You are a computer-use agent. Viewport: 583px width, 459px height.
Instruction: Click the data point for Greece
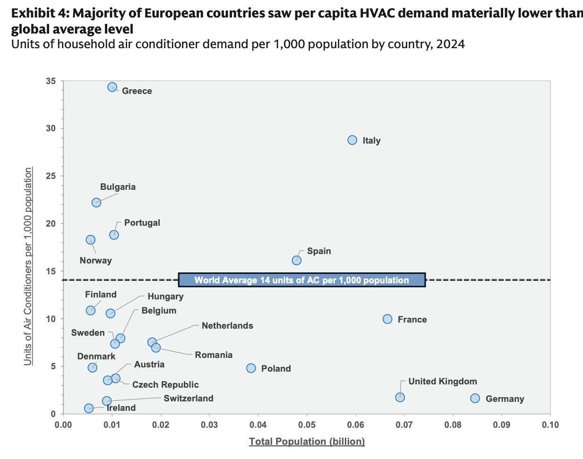(x=112, y=87)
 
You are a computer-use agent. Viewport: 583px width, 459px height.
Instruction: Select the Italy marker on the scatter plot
(x=352, y=140)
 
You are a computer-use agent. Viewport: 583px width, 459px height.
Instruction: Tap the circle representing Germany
(x=475, y=398)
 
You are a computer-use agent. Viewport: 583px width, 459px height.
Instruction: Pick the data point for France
(x=387, y=319)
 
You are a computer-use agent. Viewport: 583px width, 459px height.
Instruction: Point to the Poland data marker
(x=251, y=368)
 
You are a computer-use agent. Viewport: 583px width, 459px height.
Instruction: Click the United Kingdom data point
(x=400, y=397)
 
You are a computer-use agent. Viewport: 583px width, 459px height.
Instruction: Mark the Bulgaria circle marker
(x=96, y=202)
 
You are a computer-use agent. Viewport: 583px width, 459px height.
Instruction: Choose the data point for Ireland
(x=89, y=408)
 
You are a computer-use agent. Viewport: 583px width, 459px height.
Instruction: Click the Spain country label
(x=319, y=251)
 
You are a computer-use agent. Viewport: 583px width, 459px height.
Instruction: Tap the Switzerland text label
(x=189, y=398)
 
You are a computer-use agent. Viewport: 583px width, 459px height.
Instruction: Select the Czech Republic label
(x=165, y=384)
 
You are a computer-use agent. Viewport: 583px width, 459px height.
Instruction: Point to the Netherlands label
(x=227, y=325)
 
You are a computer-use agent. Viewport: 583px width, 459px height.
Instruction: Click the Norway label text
(x=95, y=261)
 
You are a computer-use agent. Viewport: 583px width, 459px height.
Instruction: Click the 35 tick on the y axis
(x=51, y=81)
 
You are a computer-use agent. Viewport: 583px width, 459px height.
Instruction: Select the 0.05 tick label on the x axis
(x=307, y=425)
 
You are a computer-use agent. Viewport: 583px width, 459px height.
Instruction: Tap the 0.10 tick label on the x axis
(x=550, y=425)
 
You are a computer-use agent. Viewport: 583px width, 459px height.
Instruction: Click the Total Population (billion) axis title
(x=307, y=442)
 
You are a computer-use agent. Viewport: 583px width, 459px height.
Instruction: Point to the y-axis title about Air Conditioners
(x=27, y=266)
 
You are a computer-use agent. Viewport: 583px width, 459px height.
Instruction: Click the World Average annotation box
(x=302, y=280)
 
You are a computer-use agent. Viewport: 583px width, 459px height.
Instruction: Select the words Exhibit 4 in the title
(x=40, y=13)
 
